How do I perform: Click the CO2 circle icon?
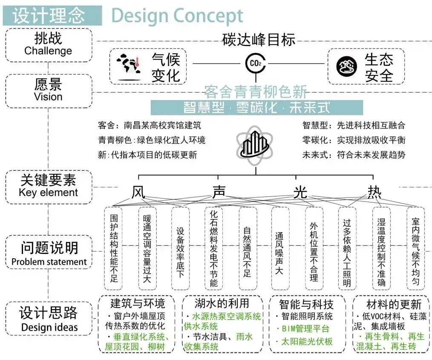pyautogui.click(x=256, y=63)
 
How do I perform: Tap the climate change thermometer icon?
pyautogui.click(x=129, y=66)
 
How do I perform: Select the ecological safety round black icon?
pyautogui.click(x=346, y=66)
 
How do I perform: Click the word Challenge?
pyautogui.click(x=48, y=51)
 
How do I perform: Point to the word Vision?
pyautogui.click(x=48, y=97)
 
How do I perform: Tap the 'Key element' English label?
pyautogui.click(x=48, y=193)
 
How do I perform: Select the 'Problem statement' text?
pyautogui.click(x=49, y=262)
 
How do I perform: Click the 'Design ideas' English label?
pyautogui.click(x=49, y=328)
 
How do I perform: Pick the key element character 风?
pyautogui.click(x=138, y=192)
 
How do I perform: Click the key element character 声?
pyautogui.click(x=219, y=192)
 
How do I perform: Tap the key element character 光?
pyautogui.click(x=300, y=192)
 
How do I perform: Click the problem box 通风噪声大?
pyautogui.click(x=280, y=248)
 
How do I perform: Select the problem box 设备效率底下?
pyautogui.click(x=180, y=248)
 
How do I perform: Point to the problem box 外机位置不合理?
pyautogui.click(x=314, y=248)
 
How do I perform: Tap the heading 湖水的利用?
pyautogui.click(x=222, y=304)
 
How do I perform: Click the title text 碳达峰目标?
pyautogui.click(x=259, y=40)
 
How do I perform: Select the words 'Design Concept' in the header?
pyautogui.click(x=177, y=16)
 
